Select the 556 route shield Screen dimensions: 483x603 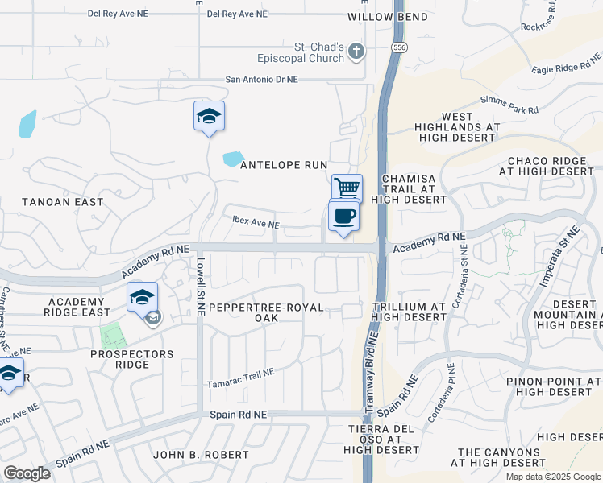pyautogui.click(x=398, y=49)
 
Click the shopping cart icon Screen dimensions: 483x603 pyautogui.click(x=347, y=188)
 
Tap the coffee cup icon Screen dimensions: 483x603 pyautogui.click(x=343, y=216)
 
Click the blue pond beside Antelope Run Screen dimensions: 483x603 pyautogui.click(x=234, y=159)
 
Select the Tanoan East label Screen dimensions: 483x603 pyautogui.click(x=62, y=202)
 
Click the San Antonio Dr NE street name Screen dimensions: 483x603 pyautogui.click(x=261, y=80)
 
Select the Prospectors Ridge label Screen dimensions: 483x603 pyautogui.click(x=132, y=359)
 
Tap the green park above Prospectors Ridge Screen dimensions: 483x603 pyautogui.click(x=113, y=335)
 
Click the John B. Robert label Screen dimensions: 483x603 pyautogui.click(x=201, y=455)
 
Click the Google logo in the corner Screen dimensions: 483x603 pyautogui.click(x=27, y=473)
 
